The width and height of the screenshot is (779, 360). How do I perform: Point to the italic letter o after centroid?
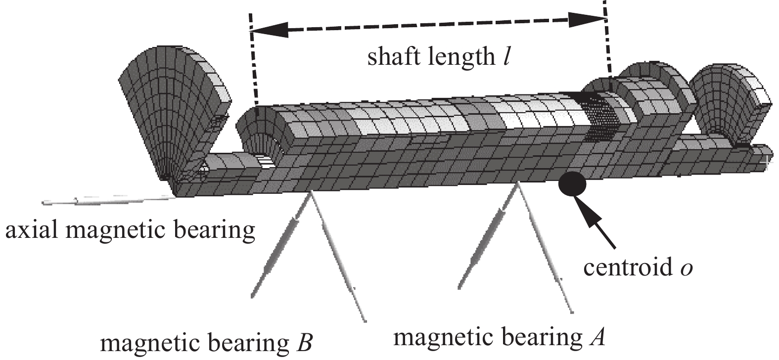point(686,269)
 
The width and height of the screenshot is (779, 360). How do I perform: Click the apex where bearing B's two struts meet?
point(311,194)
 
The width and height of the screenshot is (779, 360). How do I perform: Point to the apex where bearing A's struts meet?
point(517,183)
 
